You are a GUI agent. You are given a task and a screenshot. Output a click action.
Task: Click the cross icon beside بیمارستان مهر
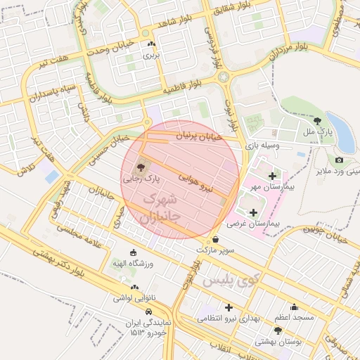[x=272, y=174]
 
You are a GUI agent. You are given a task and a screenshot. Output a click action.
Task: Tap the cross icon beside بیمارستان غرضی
[x=253, y=212]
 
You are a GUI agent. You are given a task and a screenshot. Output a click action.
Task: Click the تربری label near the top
[x=151, y=54]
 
